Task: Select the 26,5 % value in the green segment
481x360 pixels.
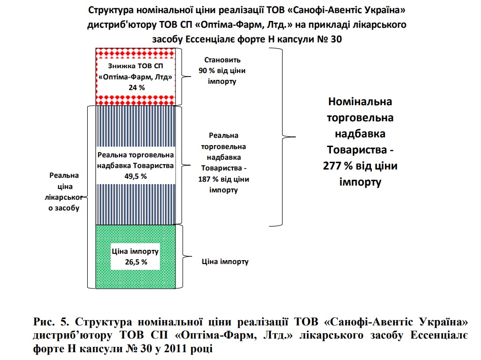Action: (135, 262)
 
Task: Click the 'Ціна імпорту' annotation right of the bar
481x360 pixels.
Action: (225, 262)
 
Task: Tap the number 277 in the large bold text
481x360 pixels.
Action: (335, 166)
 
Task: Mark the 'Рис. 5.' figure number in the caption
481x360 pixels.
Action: (51, 322)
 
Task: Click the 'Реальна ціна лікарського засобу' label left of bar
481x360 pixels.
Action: (64, 192)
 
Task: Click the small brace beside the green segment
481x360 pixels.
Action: (182, 255)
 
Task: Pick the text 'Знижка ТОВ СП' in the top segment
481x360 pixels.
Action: (135, 66)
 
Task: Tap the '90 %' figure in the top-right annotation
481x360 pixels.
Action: (207, 71)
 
